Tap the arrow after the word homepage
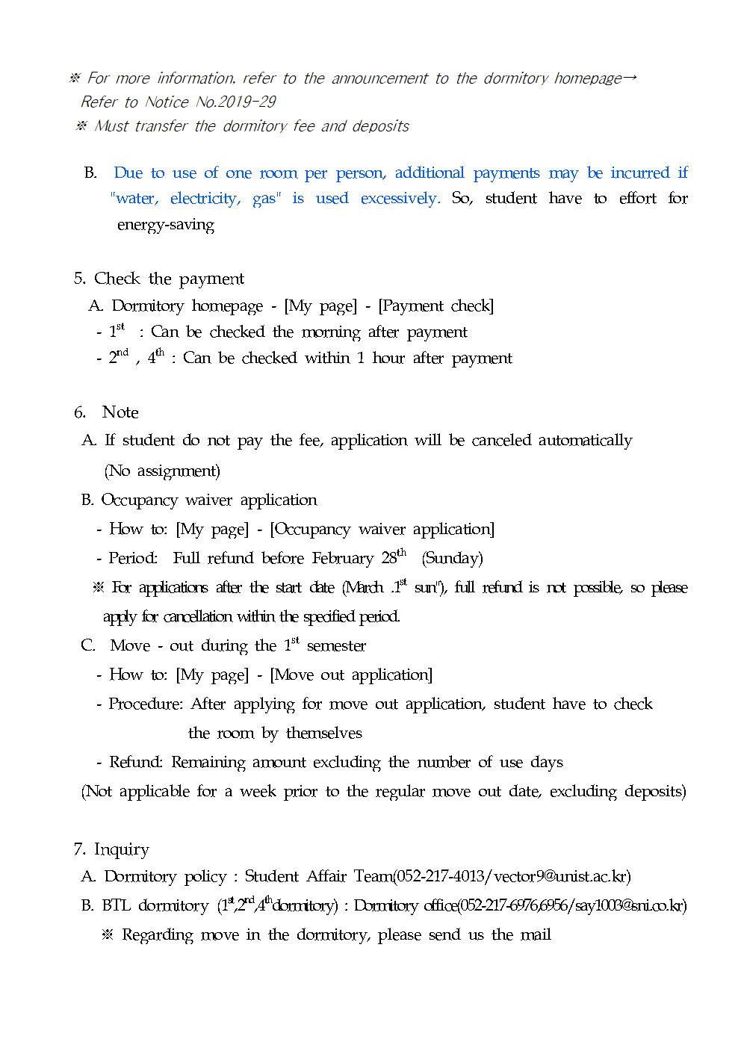(629, 78)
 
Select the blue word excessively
(400, 199)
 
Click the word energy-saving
(166, 225)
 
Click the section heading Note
(120, 412)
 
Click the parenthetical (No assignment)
(162, 471)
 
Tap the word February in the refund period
(343, 559)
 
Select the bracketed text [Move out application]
(351, 675)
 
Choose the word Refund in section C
(135, 763)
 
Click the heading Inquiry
(121, 849)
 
